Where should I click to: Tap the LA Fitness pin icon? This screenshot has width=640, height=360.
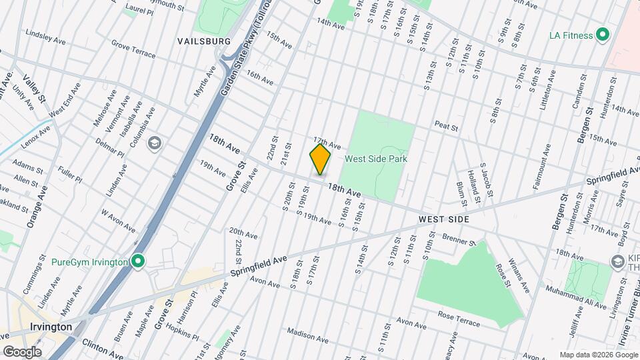pyautogui.click(x=603, y=34)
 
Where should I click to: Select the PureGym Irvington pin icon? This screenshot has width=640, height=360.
pyautogui.click(x=138, y=261)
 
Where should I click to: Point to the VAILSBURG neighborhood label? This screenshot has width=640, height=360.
pyautogui.click(x=204, y=41)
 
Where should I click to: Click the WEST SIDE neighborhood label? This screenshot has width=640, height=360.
pyautogui.click(x=444, y=219)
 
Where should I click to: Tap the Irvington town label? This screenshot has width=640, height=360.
pyautogui.click(x=51, y=327)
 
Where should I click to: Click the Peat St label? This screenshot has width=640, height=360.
pyautogui.click(x=446, y=126)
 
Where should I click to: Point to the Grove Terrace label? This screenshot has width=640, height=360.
pyautogui.click(x=133, y=48)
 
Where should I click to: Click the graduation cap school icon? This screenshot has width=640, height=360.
pyautogui.click(x=155, y=143)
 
